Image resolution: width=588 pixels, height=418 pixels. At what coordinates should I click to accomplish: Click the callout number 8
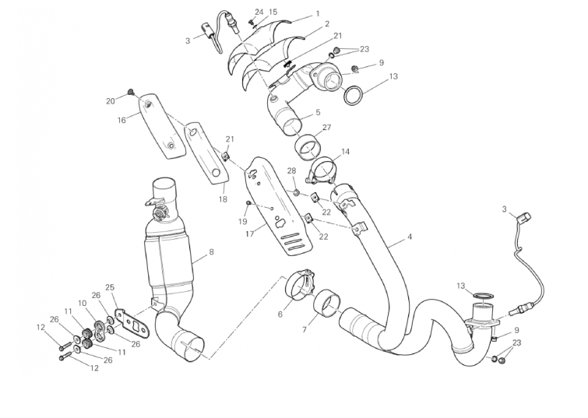[x=212, y=252]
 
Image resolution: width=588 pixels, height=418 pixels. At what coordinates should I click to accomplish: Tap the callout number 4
[x=410, y=237]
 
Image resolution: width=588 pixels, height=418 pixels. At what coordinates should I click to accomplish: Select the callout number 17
[x=250, y=234]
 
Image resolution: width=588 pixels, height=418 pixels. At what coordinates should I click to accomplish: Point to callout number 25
[x=110, y=287]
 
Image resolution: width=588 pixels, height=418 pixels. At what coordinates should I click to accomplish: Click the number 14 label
[x=345, y=152]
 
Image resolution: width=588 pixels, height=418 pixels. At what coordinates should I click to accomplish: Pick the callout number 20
[x=111, y=101]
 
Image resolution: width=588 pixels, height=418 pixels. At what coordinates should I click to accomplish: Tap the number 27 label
[x=326, y=128]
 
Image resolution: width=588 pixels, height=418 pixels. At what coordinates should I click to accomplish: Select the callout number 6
[x=280, y=314]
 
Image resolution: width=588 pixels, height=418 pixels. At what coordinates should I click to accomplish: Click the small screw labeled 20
[x=132, y=91]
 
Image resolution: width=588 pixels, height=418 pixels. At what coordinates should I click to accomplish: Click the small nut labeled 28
[x=296, y=193]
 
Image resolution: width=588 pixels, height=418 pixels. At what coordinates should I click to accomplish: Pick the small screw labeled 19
[x=248, y=203]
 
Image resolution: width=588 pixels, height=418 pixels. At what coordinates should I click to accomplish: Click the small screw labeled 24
[x=252, y=22]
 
